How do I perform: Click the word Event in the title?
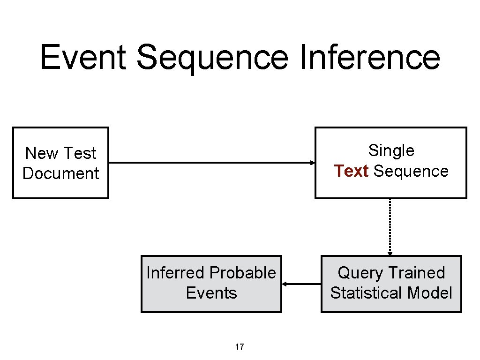tap(83, 57)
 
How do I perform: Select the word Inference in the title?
tap(369, 57)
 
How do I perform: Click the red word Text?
tap(351, 171)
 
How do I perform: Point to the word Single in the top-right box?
tap(391, 150)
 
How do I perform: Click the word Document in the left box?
tap(60, 173)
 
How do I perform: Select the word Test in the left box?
tap(79, 153)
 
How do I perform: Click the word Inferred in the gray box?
tap(176, 273)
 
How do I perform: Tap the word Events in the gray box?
tap(211, 293)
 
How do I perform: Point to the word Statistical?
tap(367, 293)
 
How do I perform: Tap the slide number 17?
tap(239, 347)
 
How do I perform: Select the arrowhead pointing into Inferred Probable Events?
tap(284, 284)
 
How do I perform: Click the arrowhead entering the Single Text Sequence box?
tap(313, 163)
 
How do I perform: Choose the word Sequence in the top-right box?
tap(411, 171)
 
